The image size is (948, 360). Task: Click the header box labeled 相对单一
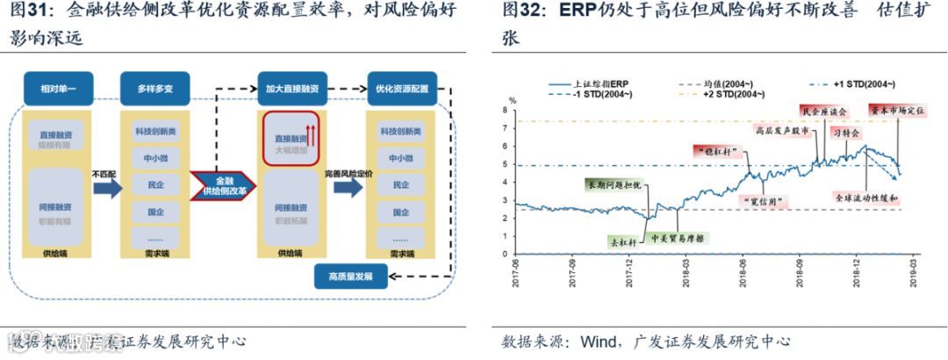coord(58,89)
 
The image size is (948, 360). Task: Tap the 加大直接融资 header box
coord(291,89)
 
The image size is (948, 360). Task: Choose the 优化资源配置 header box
coord(402,89)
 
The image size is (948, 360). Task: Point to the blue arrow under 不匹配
coord(107,190)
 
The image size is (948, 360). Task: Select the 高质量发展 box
coord(350,277)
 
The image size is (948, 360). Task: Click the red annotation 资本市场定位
coord(896,111)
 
